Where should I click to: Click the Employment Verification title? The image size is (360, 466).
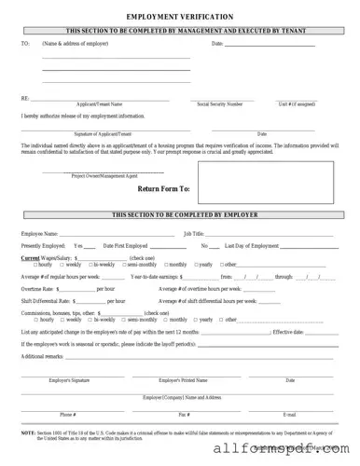point(180,17)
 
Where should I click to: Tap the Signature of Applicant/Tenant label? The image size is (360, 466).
point(97,134)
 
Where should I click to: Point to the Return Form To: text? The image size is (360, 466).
point(163,188)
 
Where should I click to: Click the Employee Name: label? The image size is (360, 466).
point(39,233)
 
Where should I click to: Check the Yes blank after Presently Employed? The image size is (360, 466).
point(91,245)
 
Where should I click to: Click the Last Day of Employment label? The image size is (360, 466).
point(252,245)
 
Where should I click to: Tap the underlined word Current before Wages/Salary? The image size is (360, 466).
point(31,257)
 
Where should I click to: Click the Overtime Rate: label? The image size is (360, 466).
point(39,289)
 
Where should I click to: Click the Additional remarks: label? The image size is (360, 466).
point(43,356)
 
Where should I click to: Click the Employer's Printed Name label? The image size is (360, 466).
point(183,380)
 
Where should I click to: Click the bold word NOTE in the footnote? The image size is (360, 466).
point(28,432)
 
